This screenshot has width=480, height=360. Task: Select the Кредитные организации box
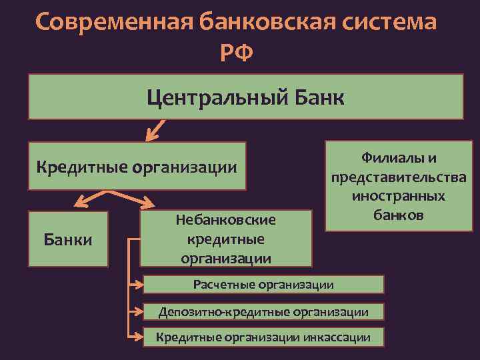[x=137, y=165]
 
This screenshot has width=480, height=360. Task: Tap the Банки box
[x=67, y=238]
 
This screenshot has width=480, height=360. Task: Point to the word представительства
[x=398, y=178]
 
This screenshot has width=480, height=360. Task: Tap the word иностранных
[x=398, y=197]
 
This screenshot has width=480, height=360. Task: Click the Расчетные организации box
[x=263, y=285]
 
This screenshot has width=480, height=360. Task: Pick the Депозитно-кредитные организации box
[x=263, y=311]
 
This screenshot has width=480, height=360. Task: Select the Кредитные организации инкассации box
[x=263, y=337]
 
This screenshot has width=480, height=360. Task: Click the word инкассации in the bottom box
[x=336, y=337]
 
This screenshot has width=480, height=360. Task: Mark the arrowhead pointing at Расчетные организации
[x=139, y=285]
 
